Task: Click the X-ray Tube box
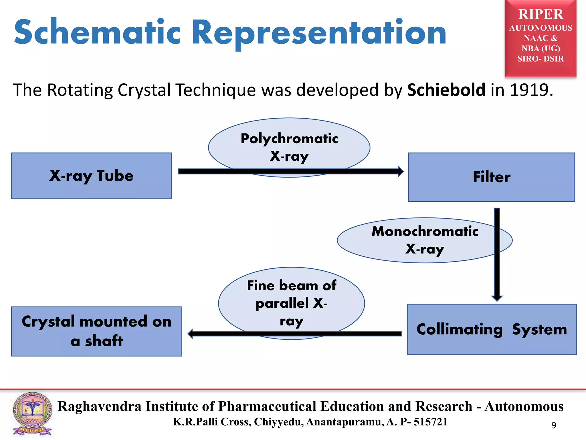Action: pos(91,176)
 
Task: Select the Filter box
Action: pos(491,177)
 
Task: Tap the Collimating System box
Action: pos(491,329)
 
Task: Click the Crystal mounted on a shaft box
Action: pos(96,331)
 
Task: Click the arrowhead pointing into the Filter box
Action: pos(400,171)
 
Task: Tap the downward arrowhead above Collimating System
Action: pos(497,298)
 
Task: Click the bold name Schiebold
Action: pos(446,90)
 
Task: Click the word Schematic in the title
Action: pos(97,32)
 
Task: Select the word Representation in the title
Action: pos(319,32)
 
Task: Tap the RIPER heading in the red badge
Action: pos(541,14)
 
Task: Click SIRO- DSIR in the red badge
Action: pos(541,59)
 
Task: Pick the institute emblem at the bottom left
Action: pos(32,414)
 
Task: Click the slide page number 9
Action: pos(554,425)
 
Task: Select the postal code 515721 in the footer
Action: pos(431,422)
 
